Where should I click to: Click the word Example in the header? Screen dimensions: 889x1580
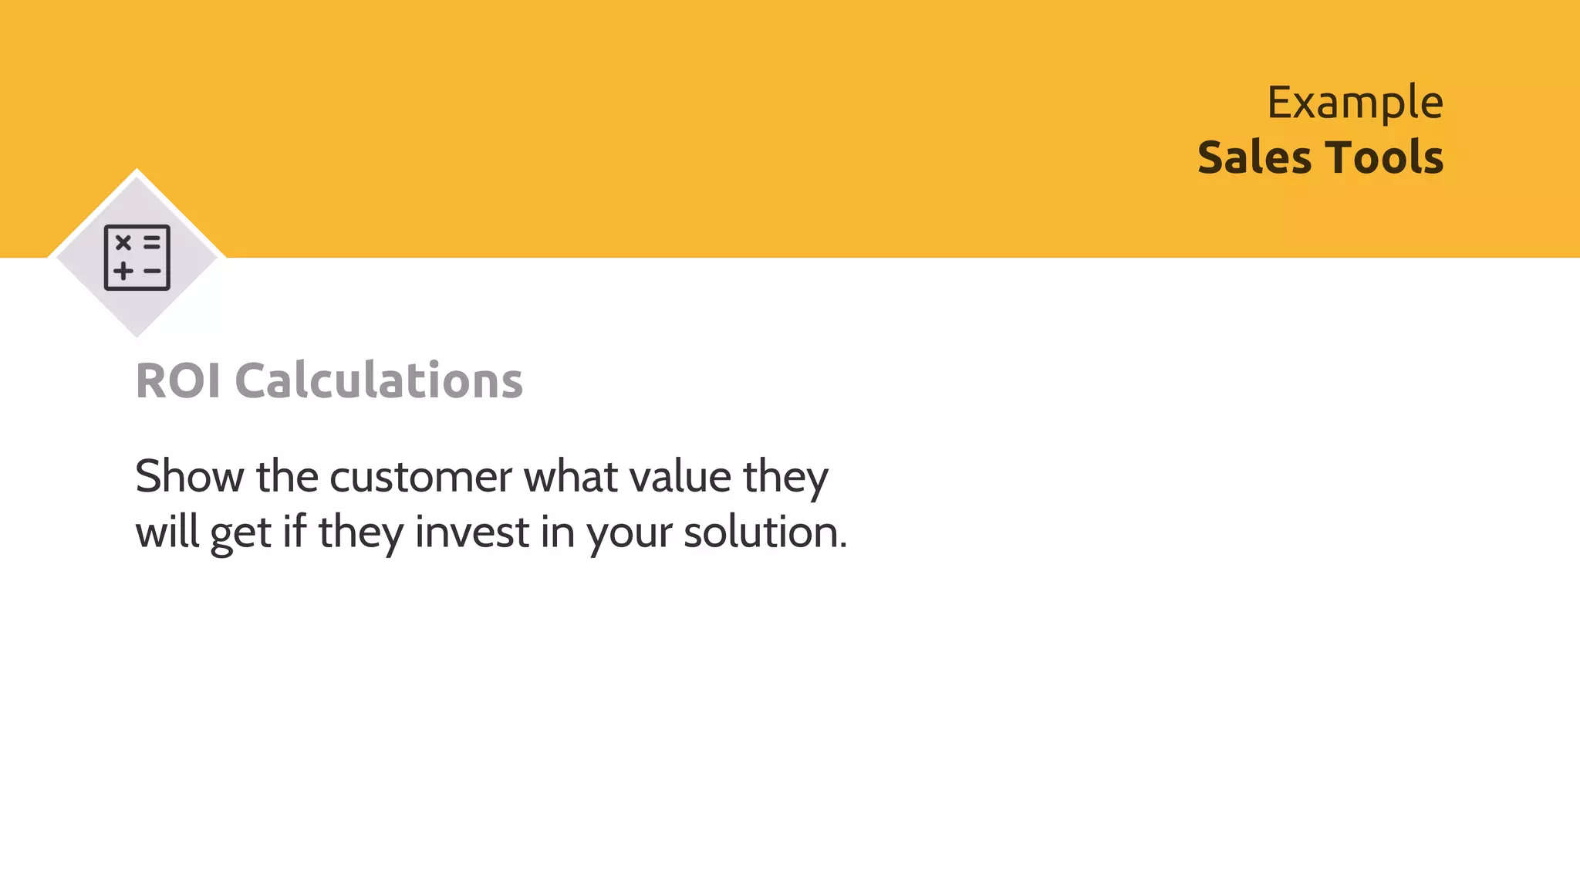pyautogui.click(x=1355, y=103)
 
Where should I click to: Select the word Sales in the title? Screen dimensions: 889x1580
pyautogui.click(x=1254, y=158)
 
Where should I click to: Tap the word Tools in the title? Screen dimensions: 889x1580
pyautogui.click(x=1384, y=158)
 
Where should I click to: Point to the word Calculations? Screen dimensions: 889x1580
pyautogui.click(x=378, y=380)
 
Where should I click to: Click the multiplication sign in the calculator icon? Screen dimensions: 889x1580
pyautogui.click(x=123, y=243)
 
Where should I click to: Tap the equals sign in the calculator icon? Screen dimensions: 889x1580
pyautogui.click(x=152, y=243)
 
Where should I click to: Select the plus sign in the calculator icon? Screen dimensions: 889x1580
pyautogui.click(x=123, y=271)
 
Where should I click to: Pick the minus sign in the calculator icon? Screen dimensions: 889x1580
pyautogui.click(x=152, y=271)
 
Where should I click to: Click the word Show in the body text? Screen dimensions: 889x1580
pyautogui.click(x=189, y=476)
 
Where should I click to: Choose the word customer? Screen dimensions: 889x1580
pyautogui.click(x=420, y=476)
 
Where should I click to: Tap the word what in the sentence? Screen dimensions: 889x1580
pyautogui.click(x=571, y=476)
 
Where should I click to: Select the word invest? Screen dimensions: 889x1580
pyautogui.click(x=472, y=532)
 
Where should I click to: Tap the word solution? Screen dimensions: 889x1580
pyautogui.click(x=764, y=532)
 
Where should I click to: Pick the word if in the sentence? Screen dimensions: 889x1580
pyautogui.click(x=294, y=532)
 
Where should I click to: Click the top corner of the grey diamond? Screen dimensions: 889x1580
pyautogui.click(x=137, y=171)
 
